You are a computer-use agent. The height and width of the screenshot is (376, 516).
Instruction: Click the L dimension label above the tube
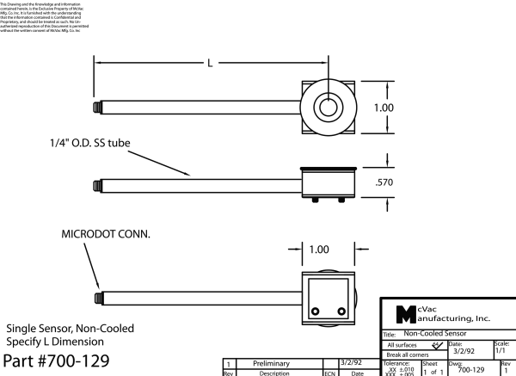tap(210, 63)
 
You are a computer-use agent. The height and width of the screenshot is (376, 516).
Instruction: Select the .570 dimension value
tap(386, 183)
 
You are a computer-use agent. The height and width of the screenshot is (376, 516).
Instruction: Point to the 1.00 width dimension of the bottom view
tap(318, 250)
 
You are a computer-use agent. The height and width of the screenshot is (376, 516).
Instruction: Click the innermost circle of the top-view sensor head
tap(327, 108)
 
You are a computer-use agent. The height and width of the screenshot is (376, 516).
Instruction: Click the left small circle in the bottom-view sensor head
tap(316, 311)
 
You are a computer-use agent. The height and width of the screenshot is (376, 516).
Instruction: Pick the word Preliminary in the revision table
tap(273, 365)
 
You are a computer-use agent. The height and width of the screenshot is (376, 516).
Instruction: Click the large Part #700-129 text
tap(58, 361)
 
